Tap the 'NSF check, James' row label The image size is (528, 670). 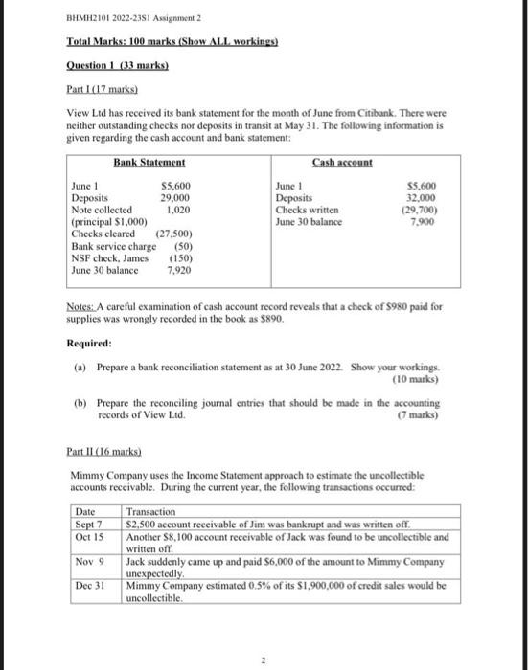point(103,258)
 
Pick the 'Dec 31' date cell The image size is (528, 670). point(89,587)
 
